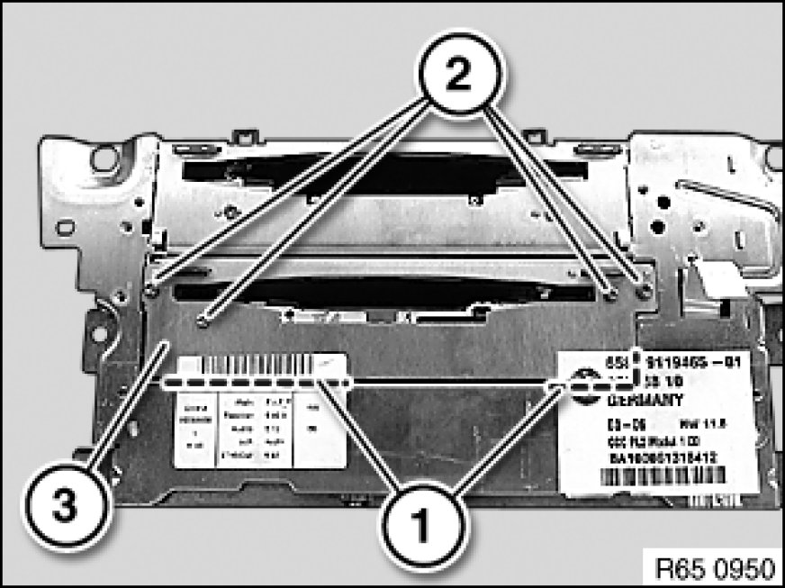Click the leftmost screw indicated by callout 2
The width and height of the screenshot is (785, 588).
point(151,291)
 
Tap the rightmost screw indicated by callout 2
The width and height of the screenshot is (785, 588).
point(643,291)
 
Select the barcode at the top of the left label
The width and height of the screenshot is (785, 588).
point(253,367)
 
